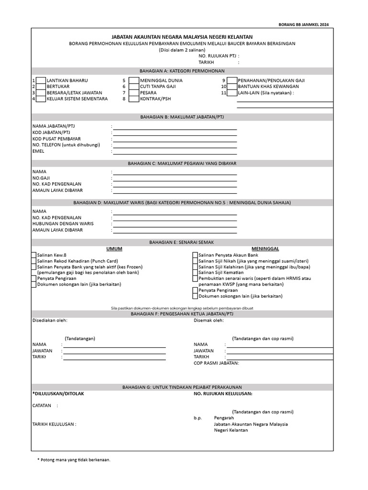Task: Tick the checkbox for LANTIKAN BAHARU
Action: (x=41, y=80)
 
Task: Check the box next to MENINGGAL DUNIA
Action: (x=134, y=80)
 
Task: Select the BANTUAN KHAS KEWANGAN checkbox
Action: (x=232, y=87)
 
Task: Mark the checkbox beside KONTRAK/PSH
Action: (x=134, y=99)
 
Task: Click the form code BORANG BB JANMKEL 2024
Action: (x=304, y=24)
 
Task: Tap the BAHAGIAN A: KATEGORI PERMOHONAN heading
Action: (x=182, y=71)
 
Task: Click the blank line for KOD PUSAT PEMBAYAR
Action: (x=175, y=139)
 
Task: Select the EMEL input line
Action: (x=175, y=151)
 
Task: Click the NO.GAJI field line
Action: (x=175, y=178)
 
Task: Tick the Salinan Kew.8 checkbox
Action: (x=34, y=255)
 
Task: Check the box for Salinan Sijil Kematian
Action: (x=195, y=273)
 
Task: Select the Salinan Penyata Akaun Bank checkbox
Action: (x=195, y=255)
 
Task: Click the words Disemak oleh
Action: (x=208, y=321)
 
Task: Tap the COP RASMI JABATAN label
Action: (x=216, y=363)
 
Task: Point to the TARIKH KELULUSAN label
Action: (x=54, y=424)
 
